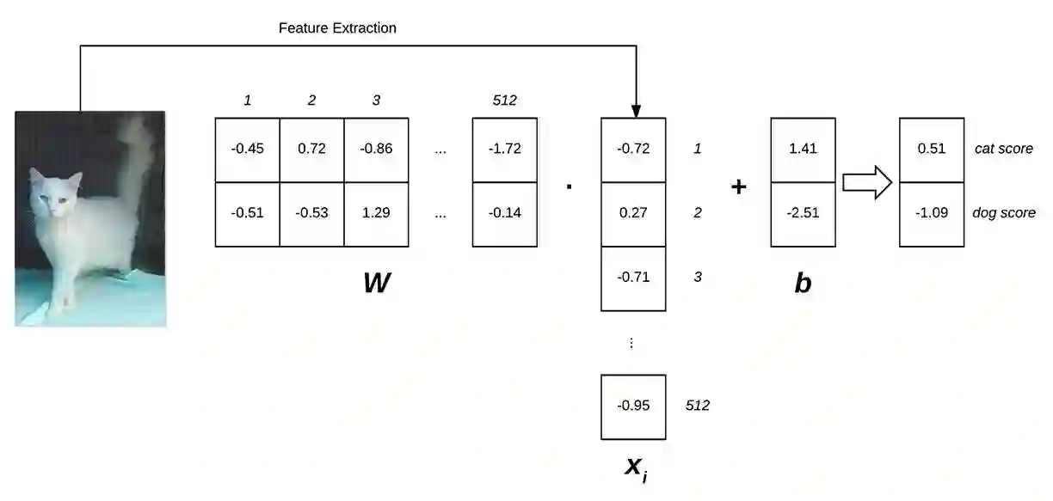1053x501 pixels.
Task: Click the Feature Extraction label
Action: click(x=337, y=28)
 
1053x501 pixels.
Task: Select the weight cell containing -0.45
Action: click(x=247, y=149)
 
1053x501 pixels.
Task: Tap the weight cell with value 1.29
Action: click(x=376, y=213)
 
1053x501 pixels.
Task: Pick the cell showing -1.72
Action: click(x=504, y=149)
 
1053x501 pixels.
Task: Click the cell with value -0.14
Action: click(x=504, y=213)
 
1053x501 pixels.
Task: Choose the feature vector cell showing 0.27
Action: click(x=632, y=213)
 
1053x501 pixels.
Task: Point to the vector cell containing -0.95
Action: click(x=632, y=406)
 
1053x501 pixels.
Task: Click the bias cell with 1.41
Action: click(x=803, y=149)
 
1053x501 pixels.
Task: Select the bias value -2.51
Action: click(x=803, y=213)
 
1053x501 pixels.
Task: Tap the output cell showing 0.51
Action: click(x=931, y=149)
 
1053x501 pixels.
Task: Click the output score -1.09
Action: click(x=931, y=213)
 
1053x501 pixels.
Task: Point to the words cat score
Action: click(x=1003, y=149)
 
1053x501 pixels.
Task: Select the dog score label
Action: click(x=1004, y=213)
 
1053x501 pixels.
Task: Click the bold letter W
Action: click(x=377, y=283)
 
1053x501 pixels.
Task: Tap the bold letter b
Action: click(x=803, y=283)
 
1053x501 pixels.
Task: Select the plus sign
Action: click(x=738, y=186)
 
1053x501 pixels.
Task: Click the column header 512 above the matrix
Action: click(x=504, y=101)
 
